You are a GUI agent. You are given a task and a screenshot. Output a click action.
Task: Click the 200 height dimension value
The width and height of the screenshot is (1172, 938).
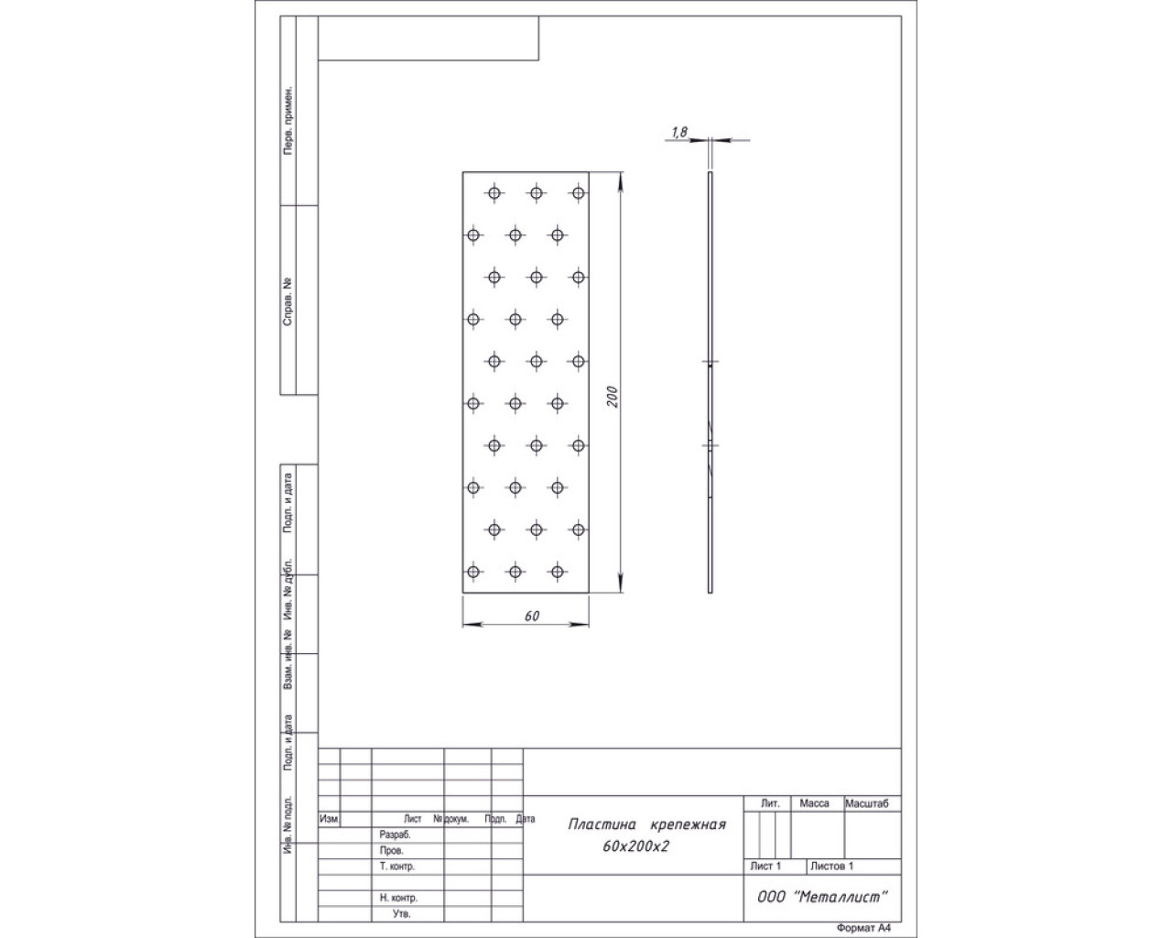pos(613,397)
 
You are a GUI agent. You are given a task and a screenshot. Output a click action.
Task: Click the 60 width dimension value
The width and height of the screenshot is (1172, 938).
pos(532,616)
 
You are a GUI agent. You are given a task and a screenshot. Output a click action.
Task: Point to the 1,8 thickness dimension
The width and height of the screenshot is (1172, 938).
pos(679,132)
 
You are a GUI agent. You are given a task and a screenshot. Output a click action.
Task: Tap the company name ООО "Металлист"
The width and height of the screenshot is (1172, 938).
pos(822,897)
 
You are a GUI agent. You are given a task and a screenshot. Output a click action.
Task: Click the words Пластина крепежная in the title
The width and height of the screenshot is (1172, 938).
pos(647,824)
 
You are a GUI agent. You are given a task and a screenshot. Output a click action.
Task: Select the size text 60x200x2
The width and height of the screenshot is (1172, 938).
pos(635,846)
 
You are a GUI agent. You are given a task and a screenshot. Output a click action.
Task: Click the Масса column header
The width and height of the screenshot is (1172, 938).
pos(814,803)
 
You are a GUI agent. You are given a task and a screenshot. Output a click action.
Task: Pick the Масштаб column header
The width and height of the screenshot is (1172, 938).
pos(867,803)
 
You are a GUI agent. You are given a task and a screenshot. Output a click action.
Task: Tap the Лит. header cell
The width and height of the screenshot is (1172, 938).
pos(770,803)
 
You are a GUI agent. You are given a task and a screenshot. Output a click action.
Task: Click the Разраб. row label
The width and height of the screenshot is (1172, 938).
pos(395,834)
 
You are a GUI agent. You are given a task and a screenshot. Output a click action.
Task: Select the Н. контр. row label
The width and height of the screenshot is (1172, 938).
pos(398,898)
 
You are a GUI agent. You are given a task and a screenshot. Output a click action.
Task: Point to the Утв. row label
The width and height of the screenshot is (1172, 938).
pos(401,913)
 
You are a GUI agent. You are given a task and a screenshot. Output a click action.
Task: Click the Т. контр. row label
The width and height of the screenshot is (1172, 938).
pos(397,866)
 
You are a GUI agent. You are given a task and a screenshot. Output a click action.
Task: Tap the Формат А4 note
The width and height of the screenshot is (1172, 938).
pos(864,928)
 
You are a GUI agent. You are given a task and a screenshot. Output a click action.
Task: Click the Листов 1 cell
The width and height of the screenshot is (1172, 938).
pos(831,866)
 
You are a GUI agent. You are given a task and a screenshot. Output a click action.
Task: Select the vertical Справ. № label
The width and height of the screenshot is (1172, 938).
pos(288,302)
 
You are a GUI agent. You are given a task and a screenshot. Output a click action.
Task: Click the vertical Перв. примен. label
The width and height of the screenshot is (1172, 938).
pos(288,120)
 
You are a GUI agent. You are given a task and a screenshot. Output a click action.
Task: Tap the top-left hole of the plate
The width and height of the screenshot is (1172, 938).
pos(494,193)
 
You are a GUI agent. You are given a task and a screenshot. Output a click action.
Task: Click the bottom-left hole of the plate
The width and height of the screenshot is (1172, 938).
pos(473,572)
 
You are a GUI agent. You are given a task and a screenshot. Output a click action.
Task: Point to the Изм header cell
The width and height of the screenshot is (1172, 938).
pos(329,819)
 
